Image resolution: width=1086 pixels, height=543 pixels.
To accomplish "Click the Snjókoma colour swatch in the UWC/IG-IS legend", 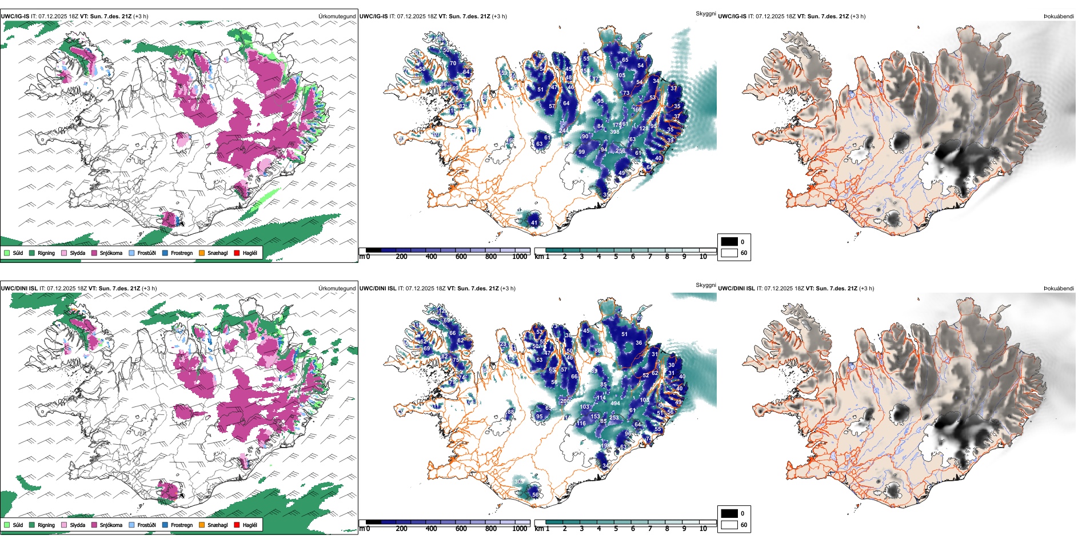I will coord(94,253).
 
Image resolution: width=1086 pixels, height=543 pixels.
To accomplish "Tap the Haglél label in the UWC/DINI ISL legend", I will coord(250,525).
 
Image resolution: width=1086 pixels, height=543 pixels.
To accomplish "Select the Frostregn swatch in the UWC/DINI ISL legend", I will coord(165,525).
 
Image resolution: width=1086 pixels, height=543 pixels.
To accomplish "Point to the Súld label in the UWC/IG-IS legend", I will coord(18,253).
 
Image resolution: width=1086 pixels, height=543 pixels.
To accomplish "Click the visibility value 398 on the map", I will coord(614,132).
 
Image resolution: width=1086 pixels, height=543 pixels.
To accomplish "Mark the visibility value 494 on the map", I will coord(615,404).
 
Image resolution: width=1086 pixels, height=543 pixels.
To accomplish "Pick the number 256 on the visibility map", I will coord(620,151).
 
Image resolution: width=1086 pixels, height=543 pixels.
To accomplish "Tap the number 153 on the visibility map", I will coord(595,417).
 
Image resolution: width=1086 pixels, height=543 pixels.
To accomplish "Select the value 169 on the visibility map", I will coord(637,110).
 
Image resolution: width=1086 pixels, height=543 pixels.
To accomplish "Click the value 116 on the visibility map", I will coord(581,424).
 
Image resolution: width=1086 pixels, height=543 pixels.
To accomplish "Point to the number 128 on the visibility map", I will coord(644,129).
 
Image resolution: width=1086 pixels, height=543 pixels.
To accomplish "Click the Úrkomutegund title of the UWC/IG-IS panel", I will coord(337,17).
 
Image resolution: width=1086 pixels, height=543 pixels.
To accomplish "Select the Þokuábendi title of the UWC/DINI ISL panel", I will coord(1059,289).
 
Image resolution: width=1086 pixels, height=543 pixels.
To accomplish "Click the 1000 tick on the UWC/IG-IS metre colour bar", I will coord(520,257).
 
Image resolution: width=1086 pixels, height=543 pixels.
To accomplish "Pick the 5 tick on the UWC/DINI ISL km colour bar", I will coord(616,529).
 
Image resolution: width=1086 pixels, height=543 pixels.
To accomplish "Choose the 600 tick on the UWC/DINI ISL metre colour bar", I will coord(461,529).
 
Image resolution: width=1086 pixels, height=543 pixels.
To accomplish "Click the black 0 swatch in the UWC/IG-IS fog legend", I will coord(729,242).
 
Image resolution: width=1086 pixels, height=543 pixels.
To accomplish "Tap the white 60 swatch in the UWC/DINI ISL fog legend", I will coord(729,525).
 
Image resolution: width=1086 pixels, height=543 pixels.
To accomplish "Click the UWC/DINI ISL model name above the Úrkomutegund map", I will coord(19,289).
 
